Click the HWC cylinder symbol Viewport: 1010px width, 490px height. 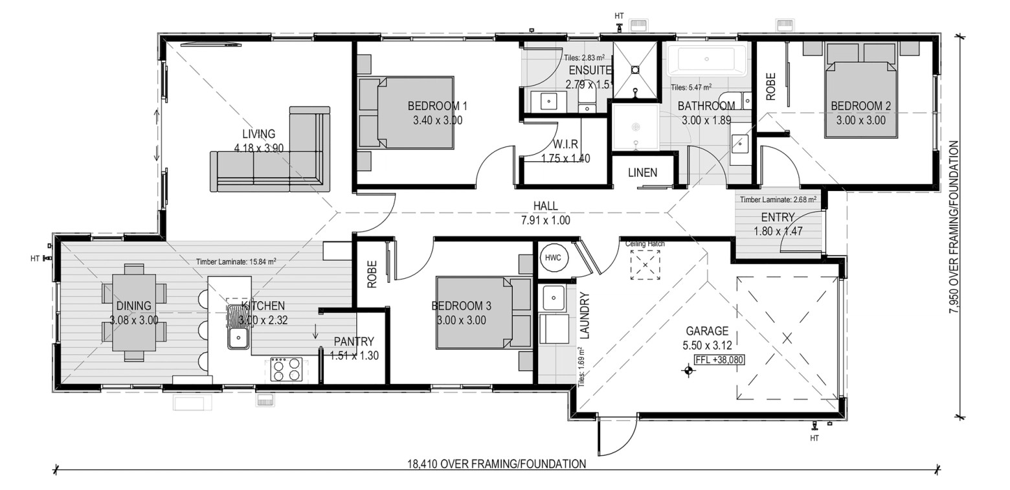click(554, 258)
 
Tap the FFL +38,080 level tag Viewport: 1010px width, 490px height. click(719, 360)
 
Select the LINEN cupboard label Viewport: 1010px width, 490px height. click(642, 173)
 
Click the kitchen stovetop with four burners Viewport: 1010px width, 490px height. click(286, 369)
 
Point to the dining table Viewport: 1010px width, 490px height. click(135, 313)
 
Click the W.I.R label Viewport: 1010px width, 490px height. click(565, 144)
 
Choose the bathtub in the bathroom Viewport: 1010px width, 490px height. click(706, 59)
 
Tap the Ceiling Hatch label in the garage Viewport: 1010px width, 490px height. click(645, 244)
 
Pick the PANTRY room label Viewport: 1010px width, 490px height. click(354, 341)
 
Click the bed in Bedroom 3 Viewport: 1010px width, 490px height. click(484, 313)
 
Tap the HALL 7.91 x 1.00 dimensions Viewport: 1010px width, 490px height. click(546, 221)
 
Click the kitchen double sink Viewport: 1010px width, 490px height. click(238, 327)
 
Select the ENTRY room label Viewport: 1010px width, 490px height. click(778, 217)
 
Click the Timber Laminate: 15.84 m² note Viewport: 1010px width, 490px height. click(236, 262)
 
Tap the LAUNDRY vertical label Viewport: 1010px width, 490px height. click(585, 315)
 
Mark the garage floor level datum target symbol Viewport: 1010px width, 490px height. click(688, 370)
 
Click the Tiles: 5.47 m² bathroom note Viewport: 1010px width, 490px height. click(691, 87)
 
